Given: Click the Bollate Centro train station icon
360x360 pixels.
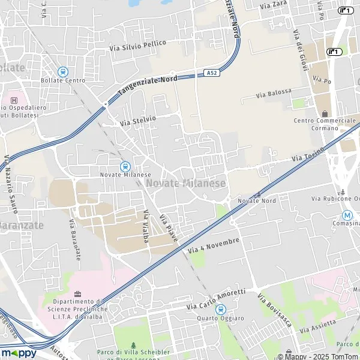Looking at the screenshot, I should pos(63,71).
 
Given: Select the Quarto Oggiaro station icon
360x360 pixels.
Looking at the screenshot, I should pos(220,310).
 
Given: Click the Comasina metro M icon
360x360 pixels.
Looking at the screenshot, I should pos(347,215).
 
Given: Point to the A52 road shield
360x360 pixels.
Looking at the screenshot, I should pos(211,73).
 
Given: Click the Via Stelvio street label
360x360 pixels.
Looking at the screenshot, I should pos(137,120).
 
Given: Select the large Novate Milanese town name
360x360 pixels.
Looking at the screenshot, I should pos(186,183).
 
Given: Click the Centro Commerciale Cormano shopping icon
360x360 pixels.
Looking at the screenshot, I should pos(325,113).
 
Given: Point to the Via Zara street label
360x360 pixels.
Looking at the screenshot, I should pos(274,5).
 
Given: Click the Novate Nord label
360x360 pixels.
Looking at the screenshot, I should pos(257,200).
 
